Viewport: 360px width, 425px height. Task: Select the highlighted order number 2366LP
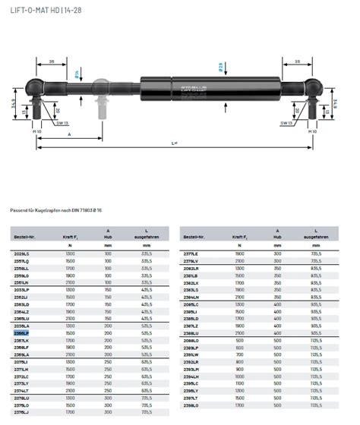pos(21,332)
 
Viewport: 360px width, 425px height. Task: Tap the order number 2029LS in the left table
pos(21,253)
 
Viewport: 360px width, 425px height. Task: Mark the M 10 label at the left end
pos(36,131)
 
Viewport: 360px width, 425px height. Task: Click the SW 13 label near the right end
pos(286,122)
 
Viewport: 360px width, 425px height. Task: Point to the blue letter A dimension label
pos(70,134)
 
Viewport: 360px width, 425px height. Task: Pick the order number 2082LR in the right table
pos(191,267)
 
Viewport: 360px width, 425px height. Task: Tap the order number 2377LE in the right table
pos(191,253)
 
